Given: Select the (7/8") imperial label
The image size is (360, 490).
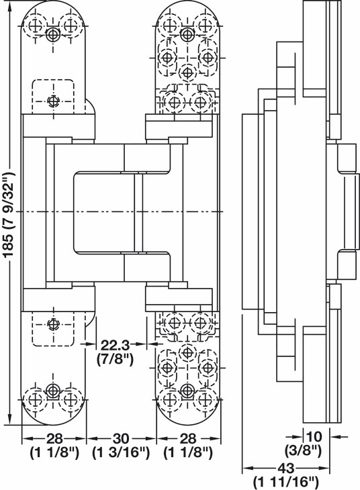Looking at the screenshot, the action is (115, 358).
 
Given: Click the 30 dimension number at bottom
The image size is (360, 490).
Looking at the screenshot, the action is (121, 438).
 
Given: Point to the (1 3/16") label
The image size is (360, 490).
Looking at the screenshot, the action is (121, 452).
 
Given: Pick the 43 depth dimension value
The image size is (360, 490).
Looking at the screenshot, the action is (285, 468).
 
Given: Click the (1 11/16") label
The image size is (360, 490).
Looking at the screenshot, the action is (285, 481).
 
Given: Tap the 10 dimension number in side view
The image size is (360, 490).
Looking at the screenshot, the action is (314, 436).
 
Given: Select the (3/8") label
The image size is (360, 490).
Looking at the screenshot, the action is (303, 450).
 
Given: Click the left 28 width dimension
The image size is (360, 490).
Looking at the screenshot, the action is (54, 438).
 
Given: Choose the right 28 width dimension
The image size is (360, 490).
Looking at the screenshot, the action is (188, 438).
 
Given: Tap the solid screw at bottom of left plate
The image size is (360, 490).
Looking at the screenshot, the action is (53, 390).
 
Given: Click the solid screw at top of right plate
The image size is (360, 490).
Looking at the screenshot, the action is (187, 34).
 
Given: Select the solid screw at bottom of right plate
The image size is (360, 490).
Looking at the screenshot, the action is (187, 390).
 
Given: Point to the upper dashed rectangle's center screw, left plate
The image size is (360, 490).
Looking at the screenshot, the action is (53, 101).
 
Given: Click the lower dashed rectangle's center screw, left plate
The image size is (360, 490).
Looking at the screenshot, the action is (53, 324).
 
